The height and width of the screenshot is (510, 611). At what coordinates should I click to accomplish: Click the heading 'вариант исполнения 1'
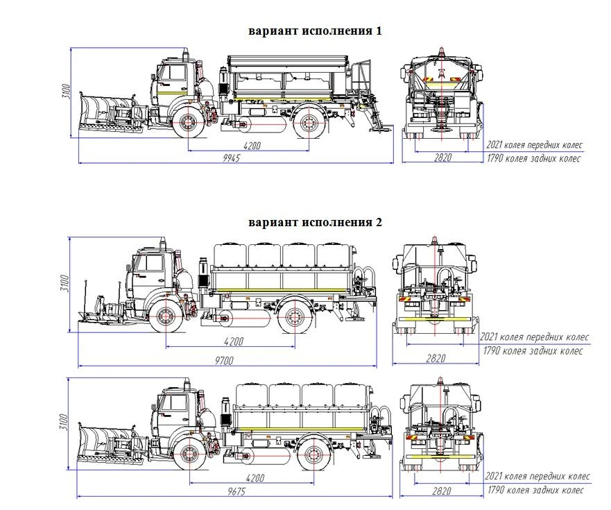(315, 31)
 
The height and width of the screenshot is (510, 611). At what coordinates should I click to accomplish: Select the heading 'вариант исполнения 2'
(315, 223)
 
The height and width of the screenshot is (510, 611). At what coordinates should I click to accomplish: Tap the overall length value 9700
(223, 359)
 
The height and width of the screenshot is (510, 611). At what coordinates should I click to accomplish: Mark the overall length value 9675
(236, 491)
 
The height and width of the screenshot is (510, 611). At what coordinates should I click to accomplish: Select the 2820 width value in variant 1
(442, 158)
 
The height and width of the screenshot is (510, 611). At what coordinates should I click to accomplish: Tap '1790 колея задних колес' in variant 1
(534, 159)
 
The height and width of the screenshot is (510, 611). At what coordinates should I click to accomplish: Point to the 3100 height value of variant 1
(65, 91)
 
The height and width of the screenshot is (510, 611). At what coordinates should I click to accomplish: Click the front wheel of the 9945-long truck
(189, 122)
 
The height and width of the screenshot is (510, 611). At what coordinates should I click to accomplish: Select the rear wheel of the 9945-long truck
(307, 123)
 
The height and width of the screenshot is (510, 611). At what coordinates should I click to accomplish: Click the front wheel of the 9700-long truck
(166, 316)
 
